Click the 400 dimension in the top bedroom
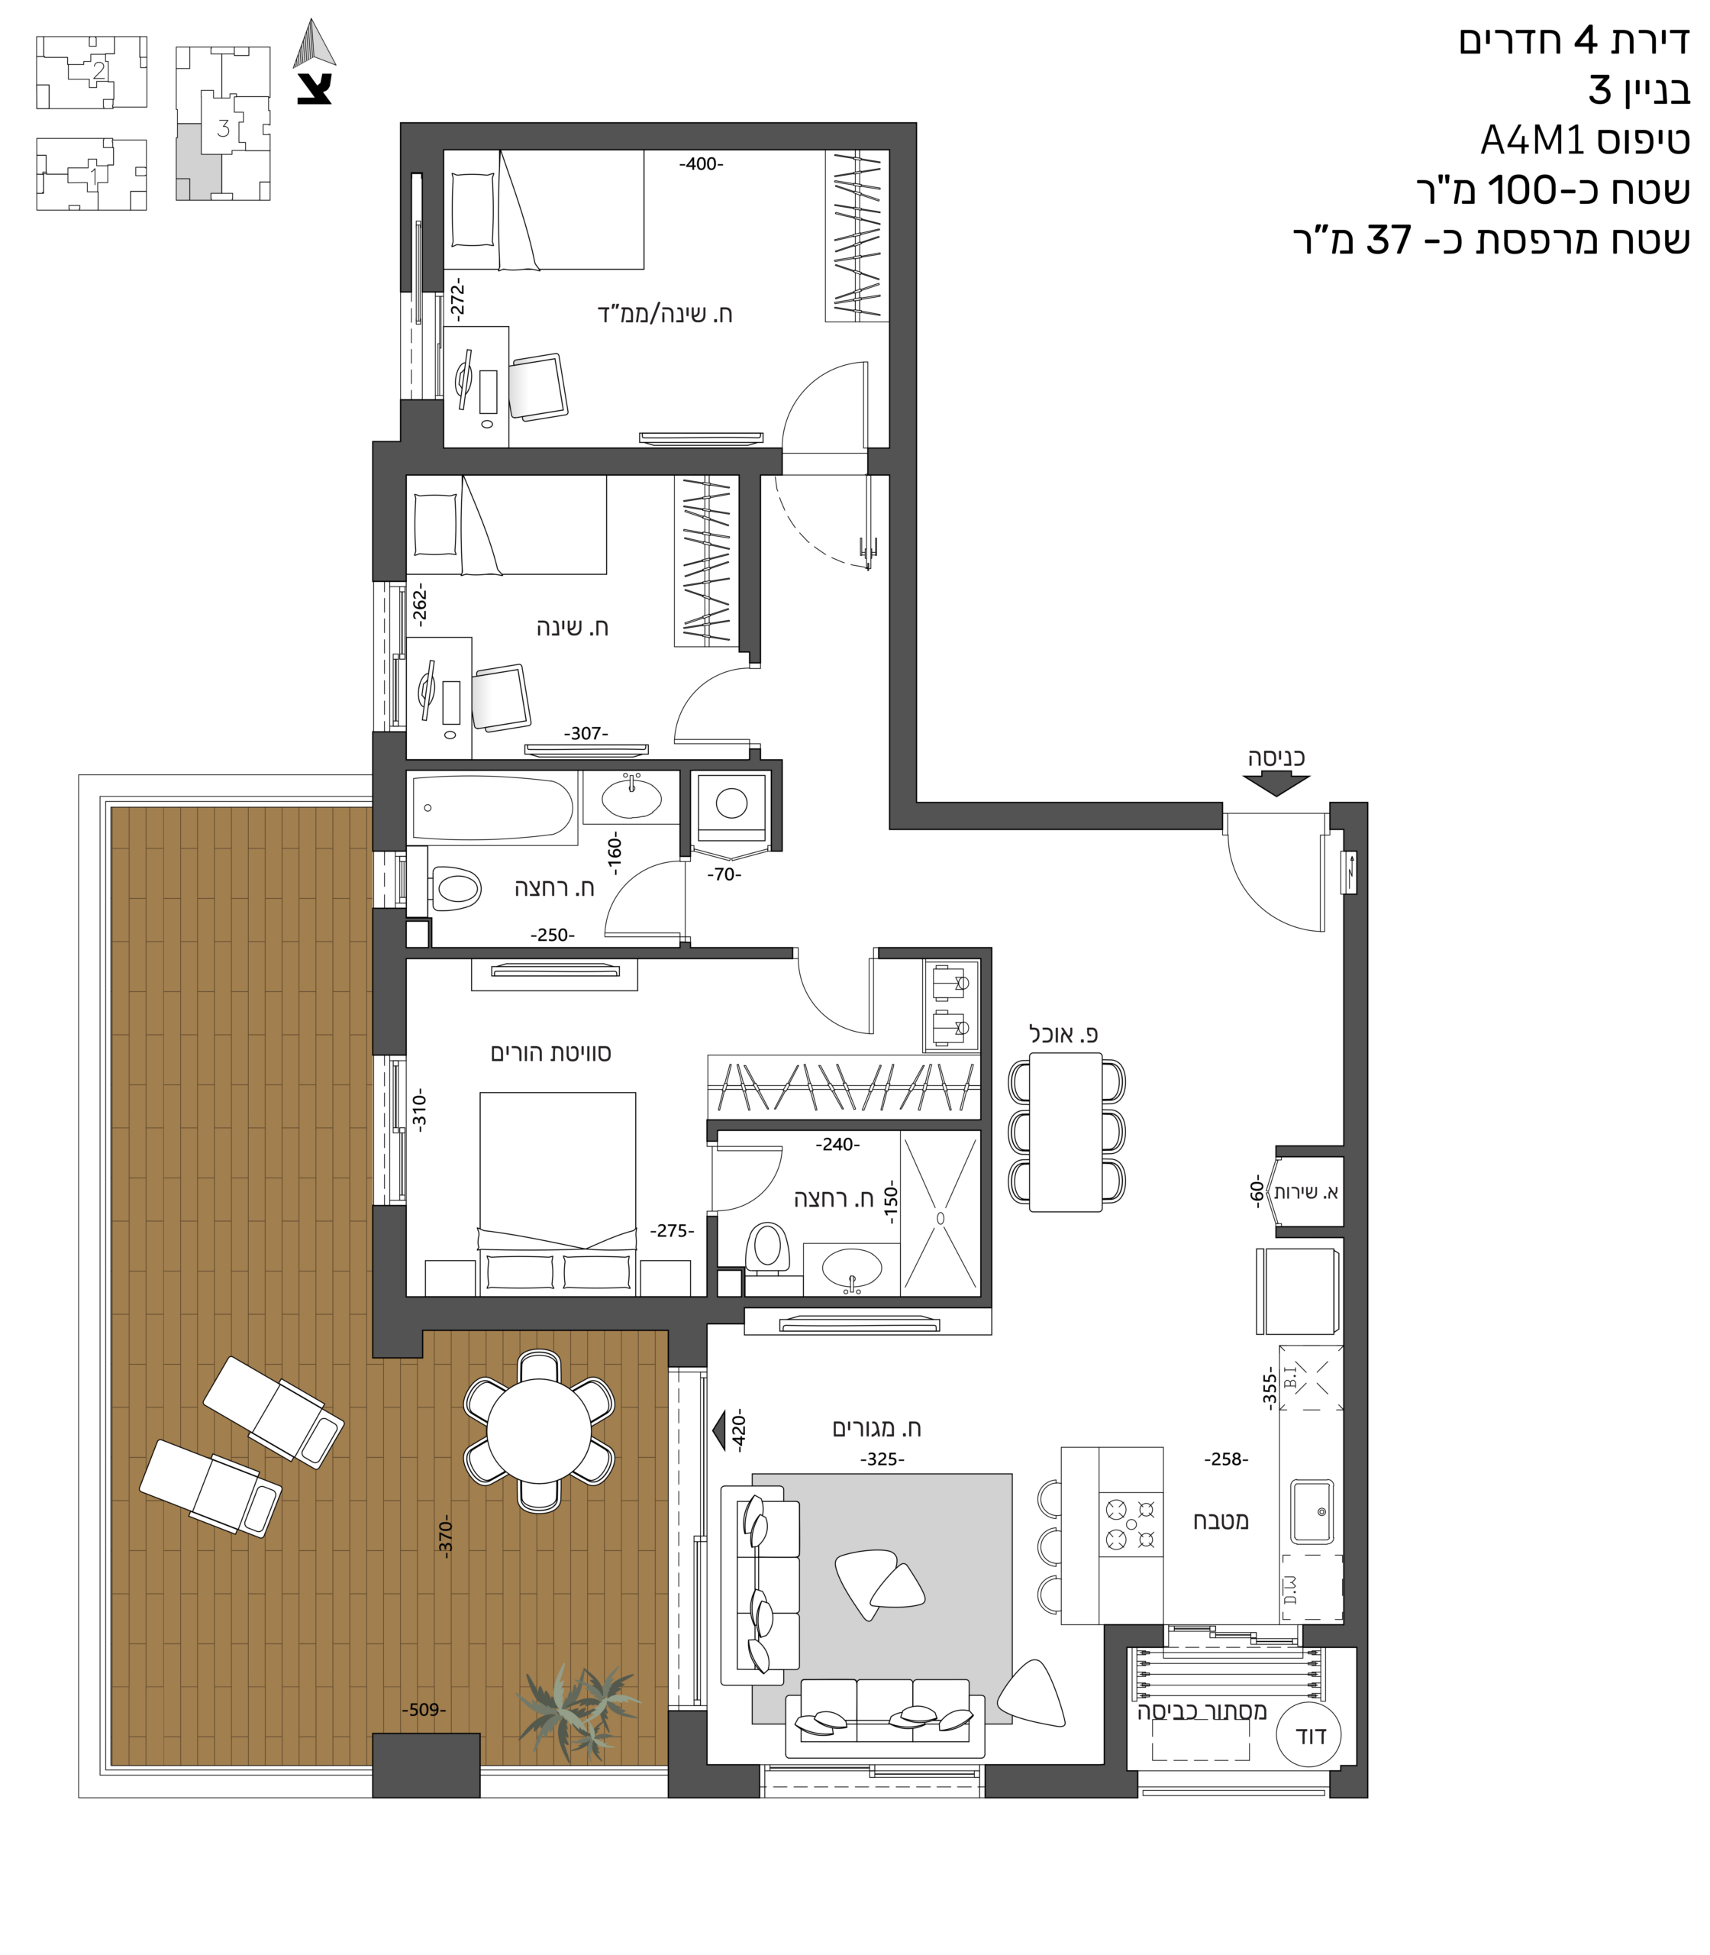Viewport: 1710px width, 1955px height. (x=702, y=164)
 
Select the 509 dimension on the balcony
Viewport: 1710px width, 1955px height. (x=424, y=1710)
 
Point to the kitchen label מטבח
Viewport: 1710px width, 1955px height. (x=1221, y=1521)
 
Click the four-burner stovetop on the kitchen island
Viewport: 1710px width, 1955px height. (x=1131, y=1524)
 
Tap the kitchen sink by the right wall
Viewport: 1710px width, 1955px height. (x=1312, y=1512)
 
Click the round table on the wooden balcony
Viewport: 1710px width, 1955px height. (x=539, y=1430)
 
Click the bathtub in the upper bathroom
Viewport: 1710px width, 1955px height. (x=492, y=809)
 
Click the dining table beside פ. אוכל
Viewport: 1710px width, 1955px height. (x=1066, y=1131)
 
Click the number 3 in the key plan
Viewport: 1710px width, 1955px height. (x=223, y=128)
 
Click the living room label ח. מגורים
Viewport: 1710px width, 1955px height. (x=877, y=1429)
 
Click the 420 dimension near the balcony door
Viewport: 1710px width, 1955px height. (x=737, y=1432)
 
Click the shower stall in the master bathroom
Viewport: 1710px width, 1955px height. (x=940, y=1213)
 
